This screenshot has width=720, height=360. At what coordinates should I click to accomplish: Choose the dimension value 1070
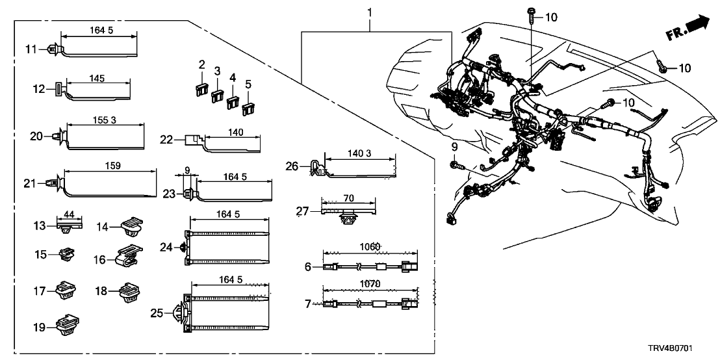[369, 283]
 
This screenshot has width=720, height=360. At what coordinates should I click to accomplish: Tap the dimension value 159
[112, 166]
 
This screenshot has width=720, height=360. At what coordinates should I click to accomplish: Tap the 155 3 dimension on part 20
[99, 121]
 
